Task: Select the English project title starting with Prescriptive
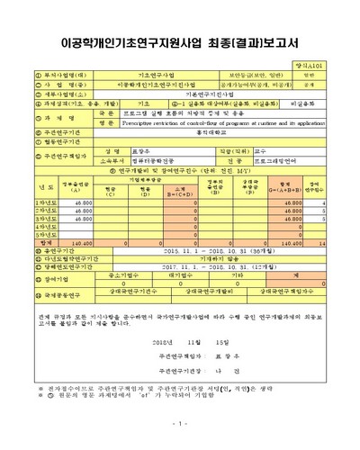pos(216,122)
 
